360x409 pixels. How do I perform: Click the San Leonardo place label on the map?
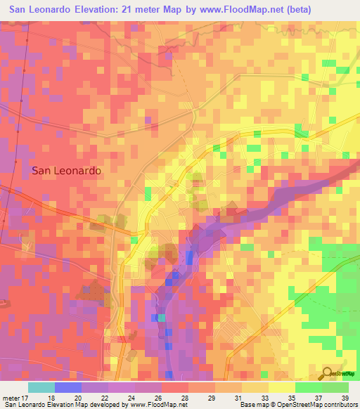point(66,171)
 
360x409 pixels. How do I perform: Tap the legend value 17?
point(28,397)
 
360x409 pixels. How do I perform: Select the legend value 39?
point(345,397)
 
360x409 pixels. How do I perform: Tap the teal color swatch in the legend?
point(41,387)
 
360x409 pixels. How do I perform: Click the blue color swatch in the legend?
point(68,387)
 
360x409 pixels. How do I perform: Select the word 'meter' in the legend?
point(12,397)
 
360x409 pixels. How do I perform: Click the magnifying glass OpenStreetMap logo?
point(328,372)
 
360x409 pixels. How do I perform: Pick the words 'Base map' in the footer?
point(252,405)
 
